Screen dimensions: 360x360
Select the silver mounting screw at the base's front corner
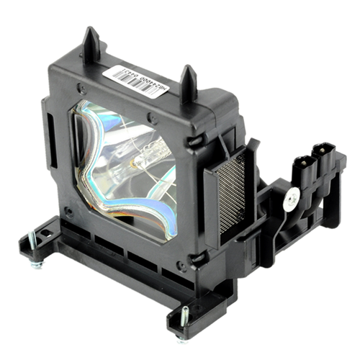[x=185, y=317]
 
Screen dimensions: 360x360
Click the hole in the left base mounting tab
[x=45, y=234]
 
